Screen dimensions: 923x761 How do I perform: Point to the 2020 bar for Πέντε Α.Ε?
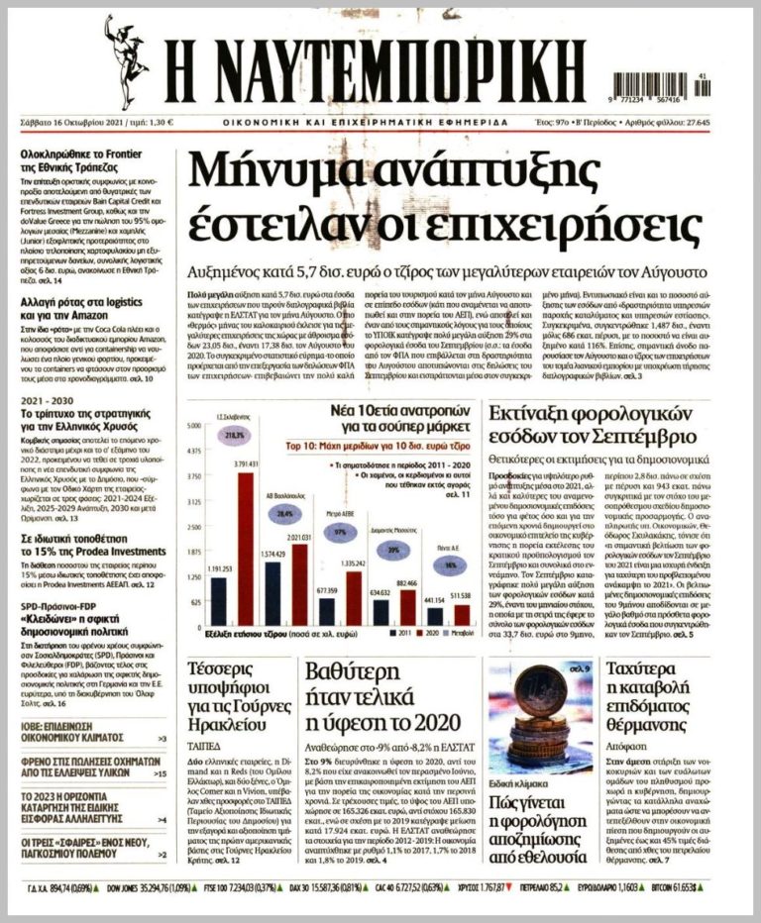[461, 614]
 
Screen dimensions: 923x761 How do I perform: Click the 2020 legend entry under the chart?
[434, 632]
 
